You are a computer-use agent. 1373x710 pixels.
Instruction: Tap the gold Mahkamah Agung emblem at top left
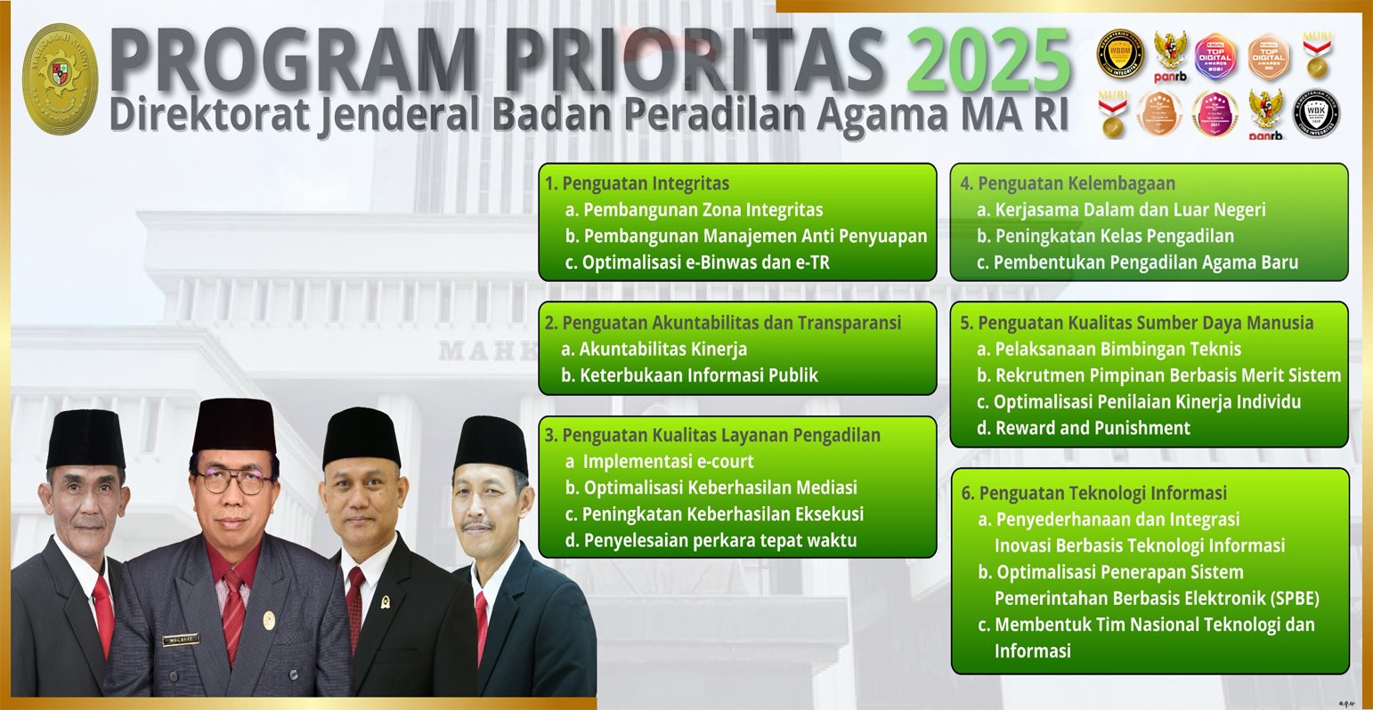click(60, 78)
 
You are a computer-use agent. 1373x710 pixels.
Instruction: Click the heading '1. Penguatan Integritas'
click(638, 184)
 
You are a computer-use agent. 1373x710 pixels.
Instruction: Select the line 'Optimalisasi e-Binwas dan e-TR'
click(705, 262)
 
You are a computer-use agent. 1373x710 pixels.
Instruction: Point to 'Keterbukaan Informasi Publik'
click(698, 375)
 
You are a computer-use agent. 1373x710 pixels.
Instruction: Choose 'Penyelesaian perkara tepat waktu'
click(719, 540)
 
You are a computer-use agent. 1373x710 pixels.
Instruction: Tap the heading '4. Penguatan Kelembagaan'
click(1068, 184)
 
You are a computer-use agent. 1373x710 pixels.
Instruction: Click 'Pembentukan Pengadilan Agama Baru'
click(1145, 262)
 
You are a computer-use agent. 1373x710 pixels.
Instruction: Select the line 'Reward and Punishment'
click(1092, 428)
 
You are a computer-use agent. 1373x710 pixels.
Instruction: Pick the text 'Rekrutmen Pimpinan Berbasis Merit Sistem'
click(1167, 375)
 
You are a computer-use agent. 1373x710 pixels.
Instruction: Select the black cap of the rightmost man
click(491, 443)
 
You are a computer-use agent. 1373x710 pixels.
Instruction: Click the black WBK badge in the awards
click(1316, 114)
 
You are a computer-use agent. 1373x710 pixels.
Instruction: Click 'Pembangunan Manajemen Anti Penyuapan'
click(755, 237)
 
